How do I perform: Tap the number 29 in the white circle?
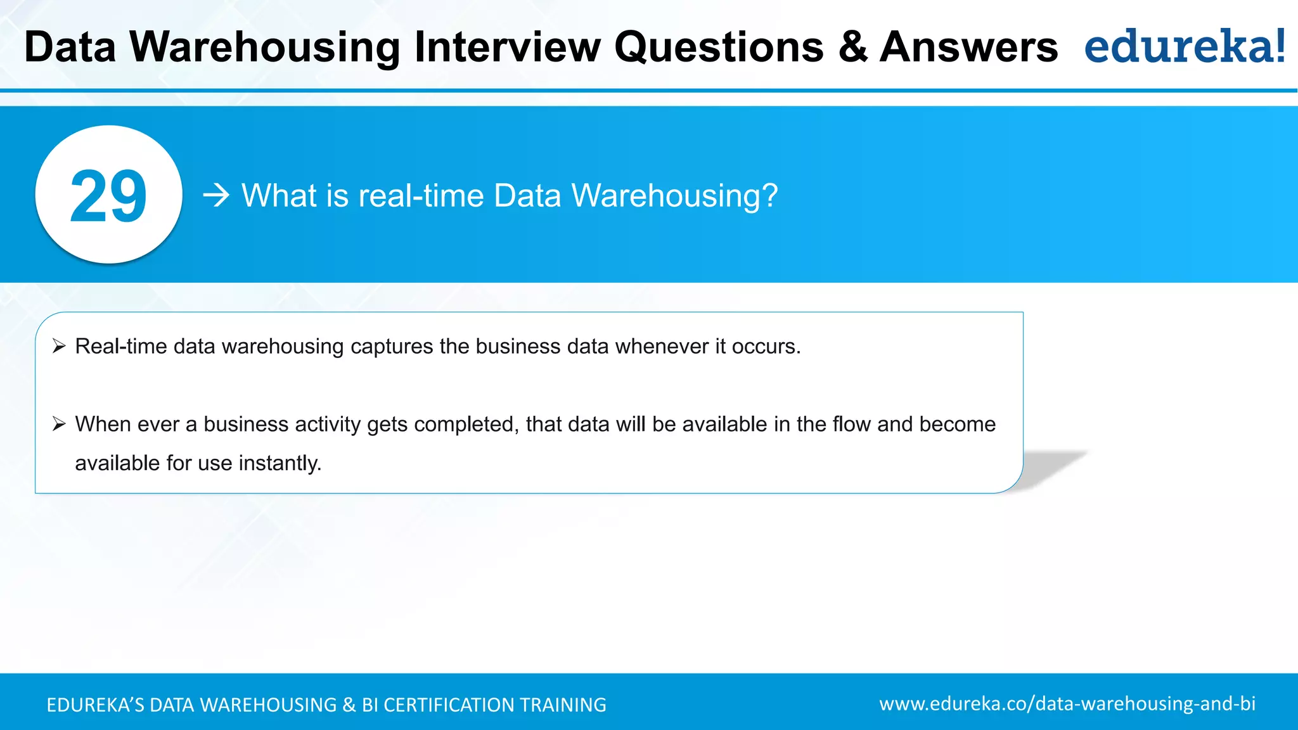click(108, 196)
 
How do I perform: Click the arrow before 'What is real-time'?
click(216, 195)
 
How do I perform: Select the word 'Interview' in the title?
click(507, 47)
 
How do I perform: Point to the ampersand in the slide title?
click(853, 47)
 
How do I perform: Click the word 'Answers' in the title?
click(968, 47)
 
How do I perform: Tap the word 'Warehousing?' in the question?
click(674, 196)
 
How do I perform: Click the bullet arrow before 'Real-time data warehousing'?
click(59, 346)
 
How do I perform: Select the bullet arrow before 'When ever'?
click(59, 424)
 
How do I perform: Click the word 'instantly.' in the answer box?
click(280, 463)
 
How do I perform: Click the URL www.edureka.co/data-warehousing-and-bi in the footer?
click(1067, 703)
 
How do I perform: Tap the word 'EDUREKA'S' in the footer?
click(96, 705)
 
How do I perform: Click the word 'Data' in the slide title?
click(70, 47)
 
